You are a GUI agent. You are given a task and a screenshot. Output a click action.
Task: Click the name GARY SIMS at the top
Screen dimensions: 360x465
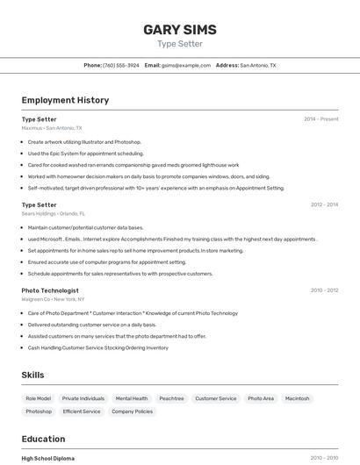pos(179,30)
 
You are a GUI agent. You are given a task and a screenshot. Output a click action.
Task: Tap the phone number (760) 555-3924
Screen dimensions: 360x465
pos(121,65)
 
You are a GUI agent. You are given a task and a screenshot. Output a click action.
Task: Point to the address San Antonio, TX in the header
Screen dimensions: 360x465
pos(258,65)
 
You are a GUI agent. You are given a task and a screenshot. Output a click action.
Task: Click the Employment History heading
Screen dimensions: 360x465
pos(65,100)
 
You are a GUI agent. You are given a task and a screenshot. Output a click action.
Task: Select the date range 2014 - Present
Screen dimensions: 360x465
pos(320,119)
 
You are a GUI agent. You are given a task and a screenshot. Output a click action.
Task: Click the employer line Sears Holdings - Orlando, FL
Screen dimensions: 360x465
pos(54,213)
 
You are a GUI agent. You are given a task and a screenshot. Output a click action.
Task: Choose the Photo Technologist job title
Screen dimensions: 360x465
pos(50,290)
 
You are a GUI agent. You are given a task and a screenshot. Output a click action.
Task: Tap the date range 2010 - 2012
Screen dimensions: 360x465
pos(324,290)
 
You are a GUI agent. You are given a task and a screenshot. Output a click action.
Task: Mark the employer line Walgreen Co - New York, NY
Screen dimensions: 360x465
pos(54,299)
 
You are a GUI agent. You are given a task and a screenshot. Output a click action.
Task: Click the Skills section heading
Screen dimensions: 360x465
pos(32,375)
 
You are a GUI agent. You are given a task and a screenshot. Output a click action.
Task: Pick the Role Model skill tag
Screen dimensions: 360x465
pos(38,398)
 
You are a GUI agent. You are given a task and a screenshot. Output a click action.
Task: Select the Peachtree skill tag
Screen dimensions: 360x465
pos(171,398)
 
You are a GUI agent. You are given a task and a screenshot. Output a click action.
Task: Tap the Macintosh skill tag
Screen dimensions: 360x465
pos(298,398)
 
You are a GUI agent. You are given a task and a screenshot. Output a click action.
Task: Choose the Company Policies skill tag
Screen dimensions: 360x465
pos(132,411)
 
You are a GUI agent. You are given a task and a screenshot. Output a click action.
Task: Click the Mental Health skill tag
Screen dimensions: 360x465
pos(132,398)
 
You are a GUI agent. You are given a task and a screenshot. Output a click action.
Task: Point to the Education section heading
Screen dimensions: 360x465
pos(43,439)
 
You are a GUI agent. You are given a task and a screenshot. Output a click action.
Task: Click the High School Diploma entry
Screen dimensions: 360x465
pos(48,458)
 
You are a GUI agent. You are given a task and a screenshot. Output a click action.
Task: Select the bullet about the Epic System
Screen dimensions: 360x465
pos(85,153)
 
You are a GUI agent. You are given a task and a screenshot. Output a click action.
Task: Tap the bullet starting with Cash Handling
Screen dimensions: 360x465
pos(97,347)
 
